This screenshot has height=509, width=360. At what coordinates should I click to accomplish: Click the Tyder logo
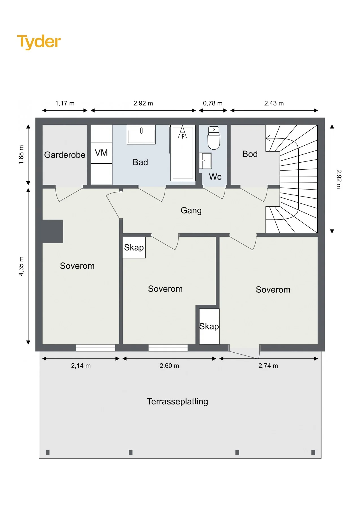tap(39, 42)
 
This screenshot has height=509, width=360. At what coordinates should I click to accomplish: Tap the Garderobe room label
tap(65, 155)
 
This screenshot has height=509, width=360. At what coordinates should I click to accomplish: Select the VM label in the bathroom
tap(101, 153)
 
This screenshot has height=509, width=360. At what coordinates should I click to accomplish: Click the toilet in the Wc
tap(214, 138)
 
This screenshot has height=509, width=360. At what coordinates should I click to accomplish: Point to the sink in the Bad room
tap(141, 135)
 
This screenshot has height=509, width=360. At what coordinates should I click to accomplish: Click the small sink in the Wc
tap(205, 161)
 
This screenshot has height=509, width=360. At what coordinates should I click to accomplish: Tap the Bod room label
tap(250, 154)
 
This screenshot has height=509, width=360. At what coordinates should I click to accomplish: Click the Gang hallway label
tap(191, 211)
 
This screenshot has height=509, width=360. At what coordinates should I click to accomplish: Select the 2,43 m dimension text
tap(274, 103)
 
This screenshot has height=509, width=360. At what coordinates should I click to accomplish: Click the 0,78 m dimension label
tap(213, 103)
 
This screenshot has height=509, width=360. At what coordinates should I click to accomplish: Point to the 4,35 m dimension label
tap(21, 266)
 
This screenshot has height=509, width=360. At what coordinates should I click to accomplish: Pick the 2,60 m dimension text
tap(169, 366)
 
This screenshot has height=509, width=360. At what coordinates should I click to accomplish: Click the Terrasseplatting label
tap(178, 402)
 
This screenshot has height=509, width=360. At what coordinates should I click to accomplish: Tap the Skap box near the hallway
tap(134, 247)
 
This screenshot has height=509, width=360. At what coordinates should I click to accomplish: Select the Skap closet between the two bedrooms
tap(209, 326)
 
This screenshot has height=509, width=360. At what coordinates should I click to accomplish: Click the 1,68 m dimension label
tap(21, 155)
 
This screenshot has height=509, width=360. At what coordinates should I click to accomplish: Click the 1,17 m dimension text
tap(65, 103)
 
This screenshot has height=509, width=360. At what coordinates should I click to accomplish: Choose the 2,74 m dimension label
tap(268, 366)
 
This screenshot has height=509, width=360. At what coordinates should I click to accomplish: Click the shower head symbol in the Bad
tap(182, 132)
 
